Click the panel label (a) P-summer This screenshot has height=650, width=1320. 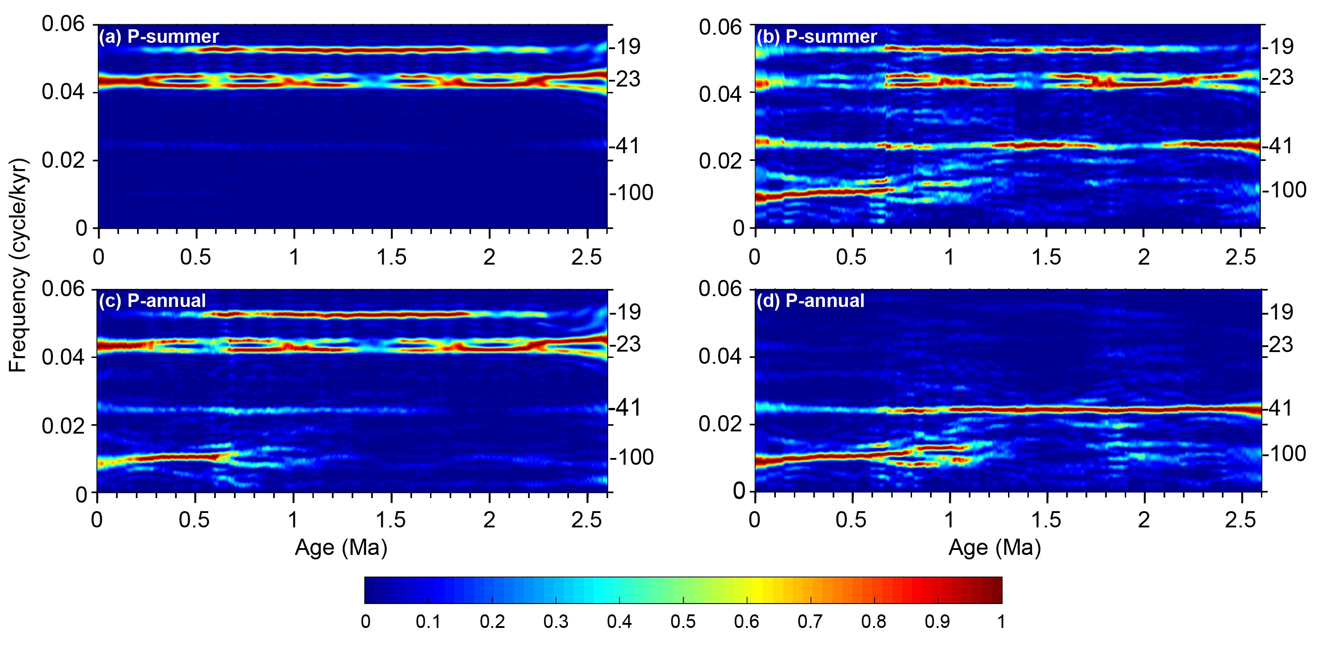tap(159, 37)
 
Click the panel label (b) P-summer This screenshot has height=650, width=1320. tap(817, 37)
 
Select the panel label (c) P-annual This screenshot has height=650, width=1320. tap(152, 301)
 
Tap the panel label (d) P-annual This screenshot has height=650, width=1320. tap(810, 301)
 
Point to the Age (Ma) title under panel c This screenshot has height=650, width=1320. tap(341, 548)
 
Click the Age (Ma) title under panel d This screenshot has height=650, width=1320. tap(995, 548)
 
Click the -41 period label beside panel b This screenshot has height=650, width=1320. tap(1278, 146)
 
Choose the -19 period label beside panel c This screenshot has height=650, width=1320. tap(625, 312)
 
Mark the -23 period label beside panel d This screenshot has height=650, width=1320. tap(1278, 345)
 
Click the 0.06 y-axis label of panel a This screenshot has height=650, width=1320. tap(63, 24)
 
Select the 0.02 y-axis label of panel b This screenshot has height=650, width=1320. tap(720, 161)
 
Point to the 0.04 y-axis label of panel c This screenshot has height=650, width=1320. tap(63, 357)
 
